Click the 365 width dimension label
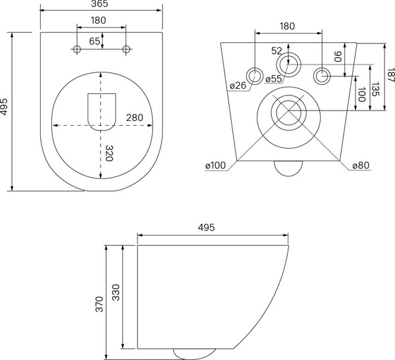tap(101, 5)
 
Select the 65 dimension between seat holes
tap(95, 41)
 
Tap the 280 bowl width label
tap(134, 118)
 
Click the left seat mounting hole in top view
tap(77, 50)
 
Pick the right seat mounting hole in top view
tap(126, 50)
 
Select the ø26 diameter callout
tap(238, 86)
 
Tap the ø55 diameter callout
tap(274, 79)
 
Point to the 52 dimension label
tap(276, 51)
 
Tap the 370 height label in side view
tap(99, 304)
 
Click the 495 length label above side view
tap(207, 227)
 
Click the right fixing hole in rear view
tap(322, 75)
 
